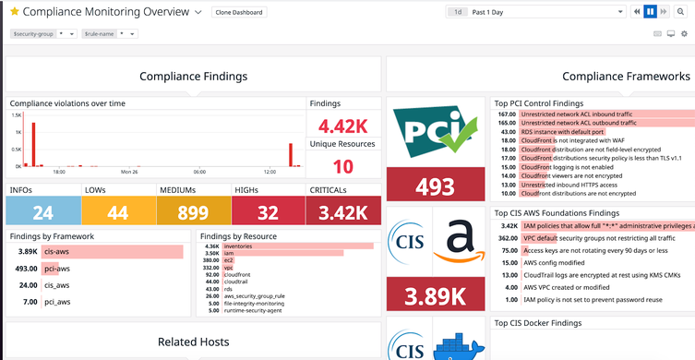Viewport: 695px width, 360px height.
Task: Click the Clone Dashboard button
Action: (x=238, y=13)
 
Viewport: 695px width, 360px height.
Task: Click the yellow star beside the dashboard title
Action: (x=14, y=12)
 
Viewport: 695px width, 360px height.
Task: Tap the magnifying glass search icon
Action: (x=681, y=12)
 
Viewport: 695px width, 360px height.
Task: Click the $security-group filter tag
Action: (x=32, y=33)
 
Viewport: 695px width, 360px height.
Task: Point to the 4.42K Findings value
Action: (x=342, y=125)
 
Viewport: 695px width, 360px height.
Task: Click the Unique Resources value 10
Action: (x=342, y=166)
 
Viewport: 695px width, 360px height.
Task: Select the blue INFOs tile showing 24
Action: (x=42, y=212)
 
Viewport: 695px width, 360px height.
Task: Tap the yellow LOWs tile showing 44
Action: (x=118, y=212)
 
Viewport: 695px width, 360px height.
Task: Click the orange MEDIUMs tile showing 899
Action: (x=193, y=212)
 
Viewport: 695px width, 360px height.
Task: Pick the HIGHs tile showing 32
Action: (x=269, y=212)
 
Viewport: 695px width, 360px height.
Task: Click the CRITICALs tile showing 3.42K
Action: (x=343, y=212)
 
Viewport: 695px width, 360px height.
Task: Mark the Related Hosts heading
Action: (x=193, y=342)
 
